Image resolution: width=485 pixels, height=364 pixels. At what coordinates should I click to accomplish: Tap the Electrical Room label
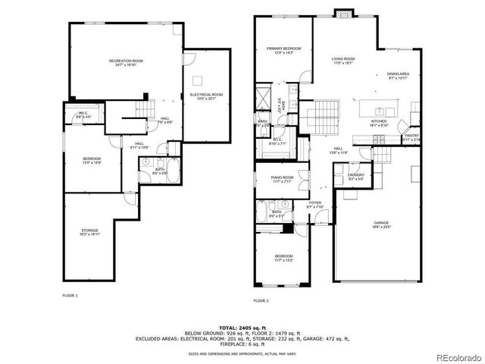point(206,96)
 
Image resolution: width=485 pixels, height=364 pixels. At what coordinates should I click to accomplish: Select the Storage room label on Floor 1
point(89,233)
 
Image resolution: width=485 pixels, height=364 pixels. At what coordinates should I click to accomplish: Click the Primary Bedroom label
point(283,51)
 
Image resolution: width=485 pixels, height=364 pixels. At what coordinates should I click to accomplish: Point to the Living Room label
point(343,61)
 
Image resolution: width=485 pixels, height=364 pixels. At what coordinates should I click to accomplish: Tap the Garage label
point(380,224)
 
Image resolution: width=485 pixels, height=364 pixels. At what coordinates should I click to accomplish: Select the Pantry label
point(411,137)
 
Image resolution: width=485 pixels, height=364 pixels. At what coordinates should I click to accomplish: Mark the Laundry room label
point(356,177)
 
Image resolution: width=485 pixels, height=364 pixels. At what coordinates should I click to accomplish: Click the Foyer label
point(314,205)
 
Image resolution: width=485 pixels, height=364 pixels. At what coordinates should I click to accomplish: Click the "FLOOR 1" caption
point(70,295)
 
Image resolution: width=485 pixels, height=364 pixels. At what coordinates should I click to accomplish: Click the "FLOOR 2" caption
point(261,301)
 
